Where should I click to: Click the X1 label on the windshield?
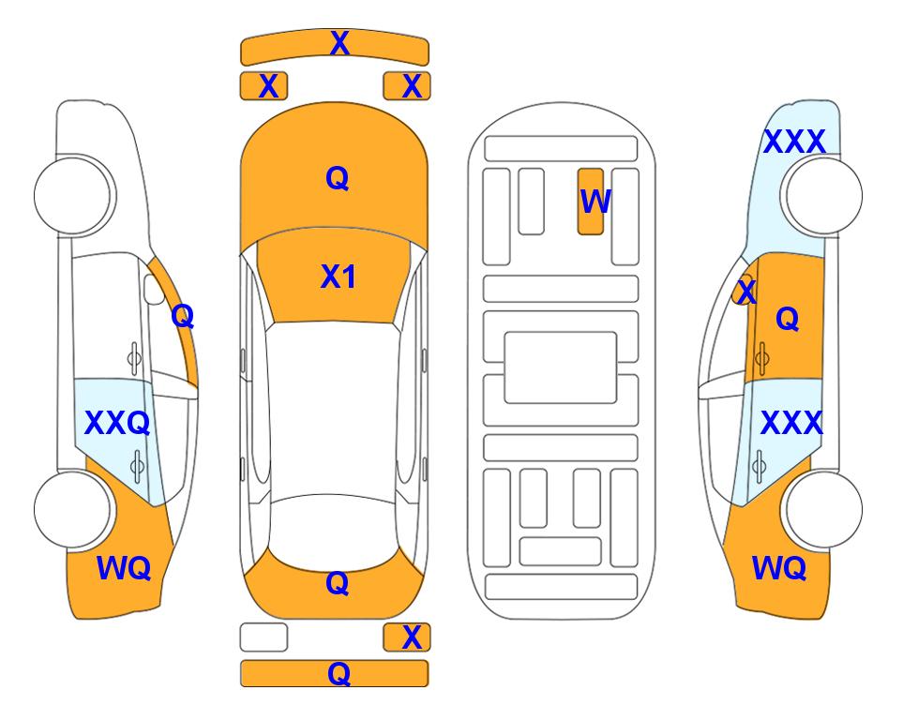(339, 277)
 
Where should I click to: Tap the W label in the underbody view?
(595, 202)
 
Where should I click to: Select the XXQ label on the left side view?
(117, 423)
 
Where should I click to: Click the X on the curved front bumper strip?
(339, 43)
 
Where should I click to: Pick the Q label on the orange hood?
(338, 178)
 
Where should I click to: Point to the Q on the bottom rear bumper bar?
(339, 673)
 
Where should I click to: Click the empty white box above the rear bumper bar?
(263, 637)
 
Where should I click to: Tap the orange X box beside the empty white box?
(407, 637)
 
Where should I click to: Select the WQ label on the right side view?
(778, 568)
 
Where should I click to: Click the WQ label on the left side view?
(124, 568)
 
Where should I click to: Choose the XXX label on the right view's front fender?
(794, 142)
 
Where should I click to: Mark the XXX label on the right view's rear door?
(791, 424)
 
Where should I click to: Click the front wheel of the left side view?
(73, 196)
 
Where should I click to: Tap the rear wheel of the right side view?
(823, 509)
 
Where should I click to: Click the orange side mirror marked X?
(745, 291)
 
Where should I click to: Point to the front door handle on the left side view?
(134, 358)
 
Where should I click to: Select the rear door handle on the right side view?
(760, 466)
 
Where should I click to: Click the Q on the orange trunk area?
(338, 583)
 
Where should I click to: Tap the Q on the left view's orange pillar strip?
(183, 316)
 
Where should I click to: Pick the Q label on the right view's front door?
(788, 319)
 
